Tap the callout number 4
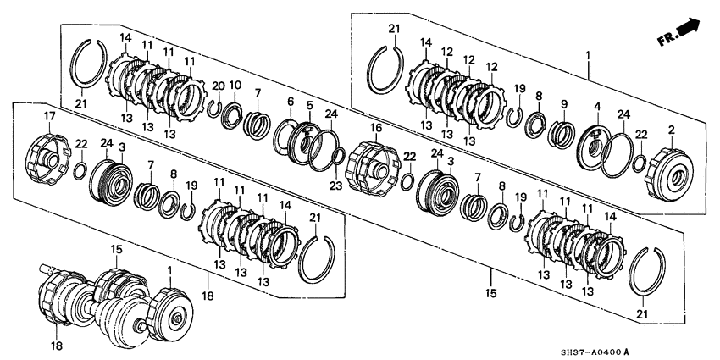tap(597, 107)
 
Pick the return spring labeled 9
tap(562, 134)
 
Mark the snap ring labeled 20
tap(217, 107)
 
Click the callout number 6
tap(291, 102)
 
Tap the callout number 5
tap(310, 106)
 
